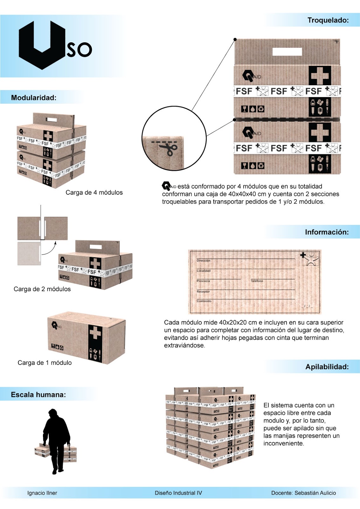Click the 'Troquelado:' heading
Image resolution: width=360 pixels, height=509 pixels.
(x=328, y=20)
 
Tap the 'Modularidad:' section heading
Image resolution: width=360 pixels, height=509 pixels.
(x=34, y=98)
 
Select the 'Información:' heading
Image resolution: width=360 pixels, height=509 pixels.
(x=327, y=232)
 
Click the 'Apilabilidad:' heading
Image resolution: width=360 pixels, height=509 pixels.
(x=327, y=367)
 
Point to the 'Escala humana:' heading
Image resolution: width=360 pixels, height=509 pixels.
(x=38, y=395)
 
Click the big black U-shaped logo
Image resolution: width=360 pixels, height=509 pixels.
(x=42, y=45)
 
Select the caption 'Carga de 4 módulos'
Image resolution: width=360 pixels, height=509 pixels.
(x=94, y=192)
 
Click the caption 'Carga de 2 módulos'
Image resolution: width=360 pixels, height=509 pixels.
(x=42, y=289)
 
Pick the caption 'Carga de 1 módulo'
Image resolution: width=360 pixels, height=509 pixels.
(x=45, y=363)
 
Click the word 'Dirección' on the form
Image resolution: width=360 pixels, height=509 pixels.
(x=204, y=261)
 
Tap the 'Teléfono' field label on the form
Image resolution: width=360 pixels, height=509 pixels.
(x=257, y=281)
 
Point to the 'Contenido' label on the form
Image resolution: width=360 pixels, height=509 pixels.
(x=204, y=301)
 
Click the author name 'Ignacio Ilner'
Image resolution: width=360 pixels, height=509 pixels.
(x=42, y=493)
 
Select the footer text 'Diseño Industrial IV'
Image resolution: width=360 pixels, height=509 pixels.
(x=178, y=493)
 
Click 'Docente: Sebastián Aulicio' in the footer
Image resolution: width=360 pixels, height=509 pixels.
(x=303, y=493)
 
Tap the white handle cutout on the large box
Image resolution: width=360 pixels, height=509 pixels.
(x=287, y=52)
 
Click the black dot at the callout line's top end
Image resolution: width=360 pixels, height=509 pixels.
(x=235, y=39)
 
